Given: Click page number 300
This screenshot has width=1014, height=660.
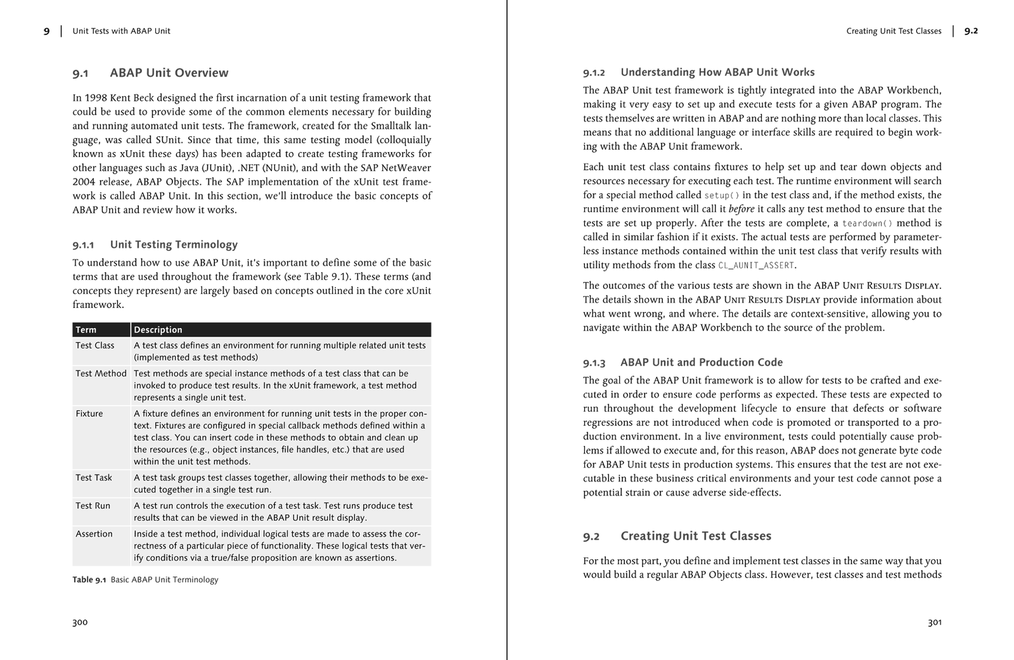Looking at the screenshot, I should pyautogui.click(x=80, y=622).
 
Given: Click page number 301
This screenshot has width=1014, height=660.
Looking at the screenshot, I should pyautogui.click(x=934, y=622).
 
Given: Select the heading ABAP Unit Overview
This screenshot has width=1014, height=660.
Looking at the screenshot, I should pyautogui.click(x=169, y=73).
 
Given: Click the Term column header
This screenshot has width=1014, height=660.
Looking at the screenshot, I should pyautogui.click(x=86, y=329).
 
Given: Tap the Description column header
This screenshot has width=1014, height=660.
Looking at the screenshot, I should pyautogui.click(x=158, y=329).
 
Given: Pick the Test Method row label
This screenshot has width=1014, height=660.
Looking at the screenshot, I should pyautogui.click(x=101, y=373).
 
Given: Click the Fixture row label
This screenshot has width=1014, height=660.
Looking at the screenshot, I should pyautogui.click(x=89, y=413).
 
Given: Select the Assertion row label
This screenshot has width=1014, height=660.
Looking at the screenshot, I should pyautogui.click(x=94, y=533).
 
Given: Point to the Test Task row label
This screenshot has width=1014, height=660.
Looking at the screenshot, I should pyautogui.click(x=93, y=477).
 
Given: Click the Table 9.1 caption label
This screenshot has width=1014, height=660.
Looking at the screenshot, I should pyautogui.click(x=89, y=580).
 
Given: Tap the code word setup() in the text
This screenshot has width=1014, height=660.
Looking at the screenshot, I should pyautogui.click(x=722, y=195).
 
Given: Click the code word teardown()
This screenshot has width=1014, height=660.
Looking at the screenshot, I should pyautogui.click(x=867, y=223).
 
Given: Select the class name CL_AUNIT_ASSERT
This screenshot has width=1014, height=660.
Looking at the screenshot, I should pyautogui.click(x=756, y=265).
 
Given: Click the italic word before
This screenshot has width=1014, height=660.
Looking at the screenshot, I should pyautogui.click(x=741, y=209).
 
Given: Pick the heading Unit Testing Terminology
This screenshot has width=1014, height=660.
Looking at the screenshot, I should pyautogui.click(x=174, y=244).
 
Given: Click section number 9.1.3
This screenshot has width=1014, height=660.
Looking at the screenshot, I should pyautogui.click(x=594, y=363).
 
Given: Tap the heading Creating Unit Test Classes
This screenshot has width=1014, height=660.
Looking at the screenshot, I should pyautogui.click(x=695, y=536).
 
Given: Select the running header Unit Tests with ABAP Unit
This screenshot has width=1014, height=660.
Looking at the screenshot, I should pyautogui.click(x=121, y=31).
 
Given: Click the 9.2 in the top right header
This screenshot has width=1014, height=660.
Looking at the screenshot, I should pyautogui.click(x=971, y=31).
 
